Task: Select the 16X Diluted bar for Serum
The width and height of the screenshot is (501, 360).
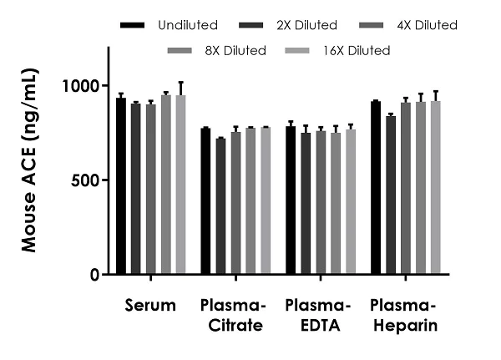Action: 180,185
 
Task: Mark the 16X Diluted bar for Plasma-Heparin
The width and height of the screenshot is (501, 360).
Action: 435,188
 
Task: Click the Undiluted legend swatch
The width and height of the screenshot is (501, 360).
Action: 131,25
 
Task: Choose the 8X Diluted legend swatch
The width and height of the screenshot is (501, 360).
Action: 180,51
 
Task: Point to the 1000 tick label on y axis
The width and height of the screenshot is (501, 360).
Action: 83,86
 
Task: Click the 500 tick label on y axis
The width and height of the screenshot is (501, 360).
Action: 88,180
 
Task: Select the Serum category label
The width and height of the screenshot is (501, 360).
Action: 150,305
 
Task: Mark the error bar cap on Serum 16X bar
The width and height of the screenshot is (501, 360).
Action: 180,83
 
